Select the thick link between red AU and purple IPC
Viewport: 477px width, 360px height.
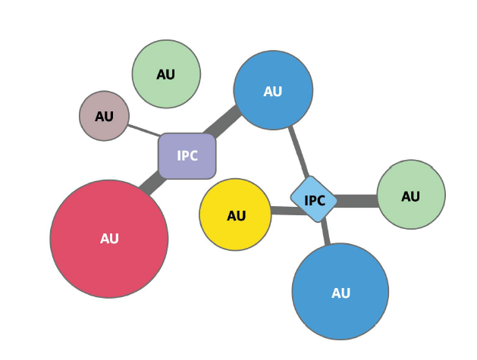click(x=152, y=183)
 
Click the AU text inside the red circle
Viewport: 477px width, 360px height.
click(x=109, y=239)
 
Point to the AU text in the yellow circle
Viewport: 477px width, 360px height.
click(x=237, y=216)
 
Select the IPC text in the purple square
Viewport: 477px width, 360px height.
click(x=187, y=156)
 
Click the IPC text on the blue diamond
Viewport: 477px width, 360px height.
click(x=315, y=201)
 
